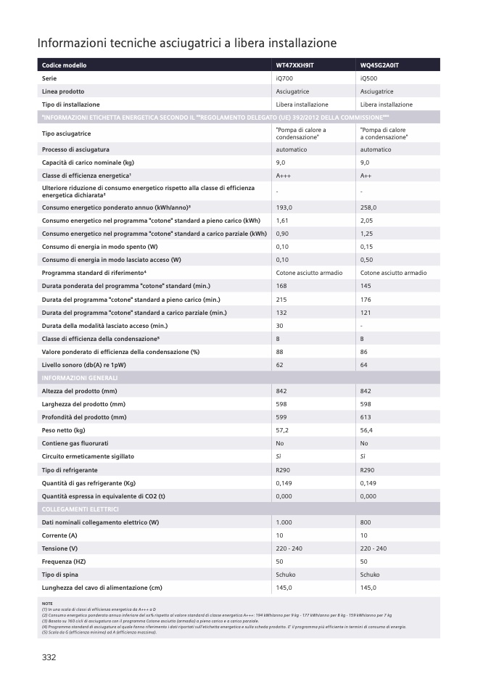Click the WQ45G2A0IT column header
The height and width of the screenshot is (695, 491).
(379, 65)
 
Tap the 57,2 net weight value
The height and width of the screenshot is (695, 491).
(282, 430)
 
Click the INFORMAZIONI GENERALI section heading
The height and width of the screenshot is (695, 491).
(80, 378)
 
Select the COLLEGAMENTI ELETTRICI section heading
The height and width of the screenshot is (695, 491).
(81, 509)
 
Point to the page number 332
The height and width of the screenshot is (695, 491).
(49, 657)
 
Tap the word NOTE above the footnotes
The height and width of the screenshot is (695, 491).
(48, 604)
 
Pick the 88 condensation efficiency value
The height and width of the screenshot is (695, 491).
(280, 352)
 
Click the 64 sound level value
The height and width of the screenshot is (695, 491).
(363, 365)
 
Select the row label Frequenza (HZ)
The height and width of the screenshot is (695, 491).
(67, 562)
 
